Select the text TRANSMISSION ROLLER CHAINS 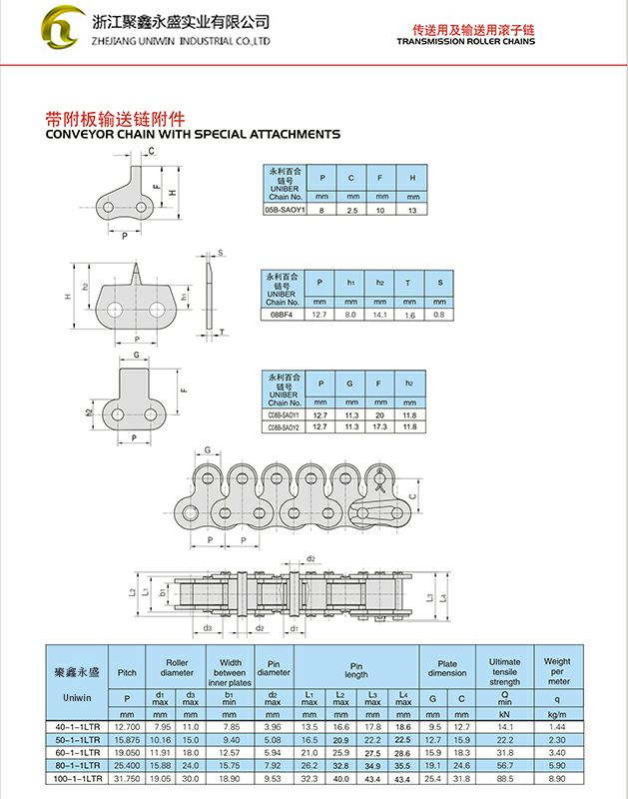(x=465, y=42)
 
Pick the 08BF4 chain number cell (x=283, y=314)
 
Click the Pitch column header (x=127, y=672)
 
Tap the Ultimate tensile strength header (x=504, y=671)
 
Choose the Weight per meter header (x=558, y=671)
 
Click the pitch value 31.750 (x=127, y=776)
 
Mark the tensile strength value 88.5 (x=504, y=776)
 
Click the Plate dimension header (x=447, y=668)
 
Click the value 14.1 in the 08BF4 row (x=379, y=314)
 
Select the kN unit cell (x=504, y=714)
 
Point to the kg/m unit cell (x=558, y=714)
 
